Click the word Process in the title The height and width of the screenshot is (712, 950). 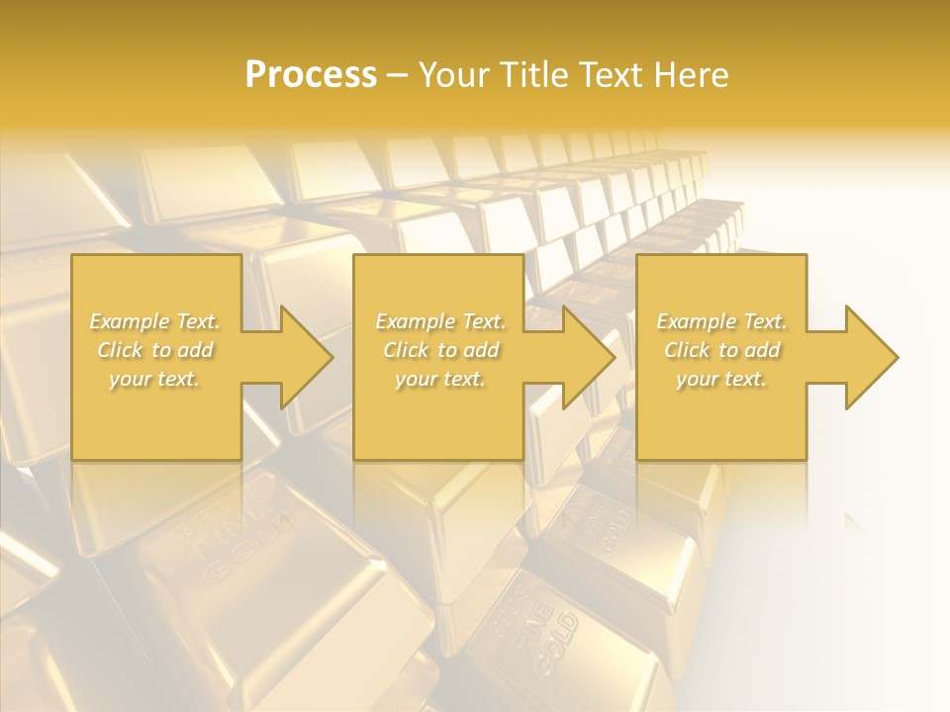[x=311, y=75]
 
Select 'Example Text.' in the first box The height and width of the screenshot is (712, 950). [x=155, y=321]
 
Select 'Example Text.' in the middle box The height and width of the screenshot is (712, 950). [x=440, y=321]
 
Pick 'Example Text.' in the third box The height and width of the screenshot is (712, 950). [x=721, y=321]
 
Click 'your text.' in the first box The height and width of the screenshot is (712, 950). [x=155, y=379]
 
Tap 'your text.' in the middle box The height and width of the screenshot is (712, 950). [x=440, y=379]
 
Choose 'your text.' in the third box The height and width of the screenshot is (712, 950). [x=721, y=379]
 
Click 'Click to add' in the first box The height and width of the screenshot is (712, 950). [x=155, y=350]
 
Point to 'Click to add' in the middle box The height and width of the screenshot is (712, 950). [x=440, y=350]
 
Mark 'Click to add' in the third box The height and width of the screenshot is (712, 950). [x=721, y=350]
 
